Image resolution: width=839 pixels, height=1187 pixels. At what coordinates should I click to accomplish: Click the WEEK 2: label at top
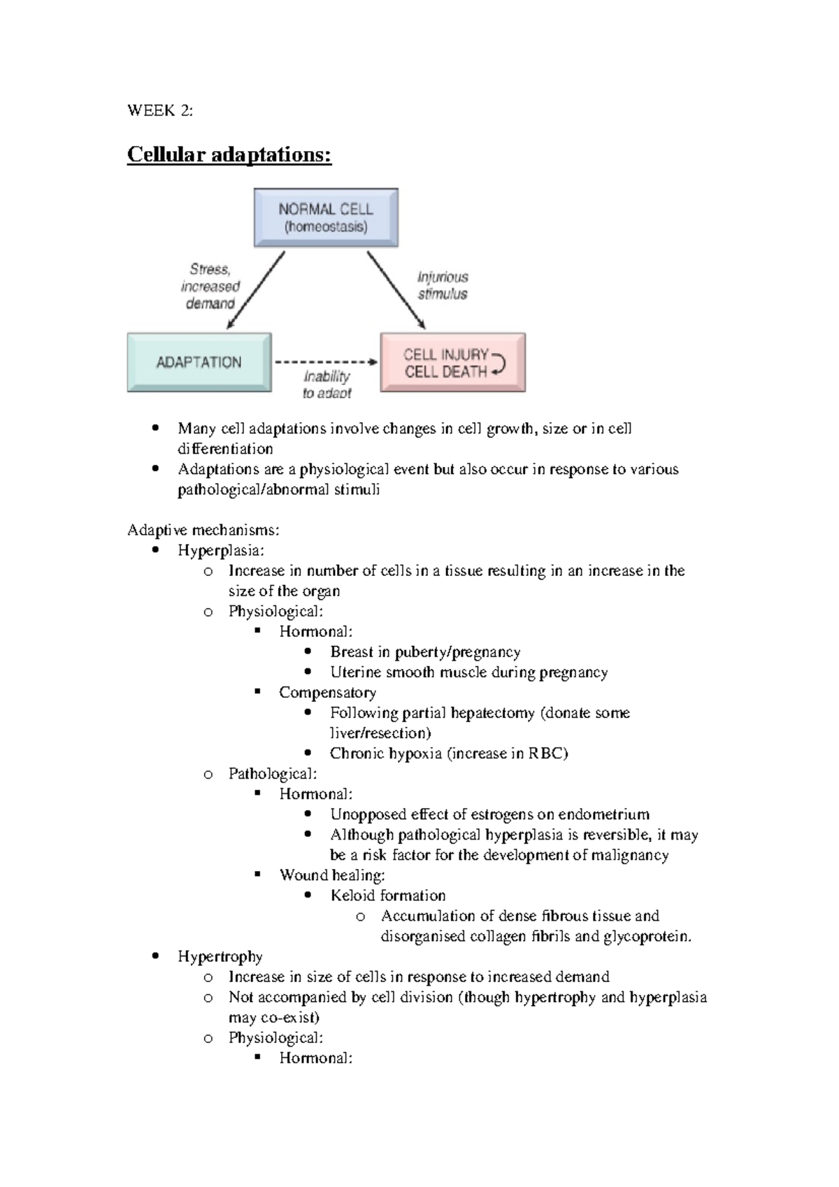point(160,111)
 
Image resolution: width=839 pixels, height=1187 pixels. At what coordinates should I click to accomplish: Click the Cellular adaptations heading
point(229,154)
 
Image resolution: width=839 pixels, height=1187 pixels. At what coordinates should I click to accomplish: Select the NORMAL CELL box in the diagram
point(326,217)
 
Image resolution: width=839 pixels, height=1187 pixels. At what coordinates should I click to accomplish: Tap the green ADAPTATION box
point(199,362)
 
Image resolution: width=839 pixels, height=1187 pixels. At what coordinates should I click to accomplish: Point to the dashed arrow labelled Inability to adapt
point(325,362)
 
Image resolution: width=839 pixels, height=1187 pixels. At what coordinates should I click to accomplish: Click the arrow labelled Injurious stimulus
point(396,289)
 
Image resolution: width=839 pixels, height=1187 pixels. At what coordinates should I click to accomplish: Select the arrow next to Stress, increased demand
point(257,290)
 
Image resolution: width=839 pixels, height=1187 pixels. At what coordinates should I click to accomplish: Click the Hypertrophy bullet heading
point(220,957)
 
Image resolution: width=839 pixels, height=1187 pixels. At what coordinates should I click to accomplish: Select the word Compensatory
point(327,693)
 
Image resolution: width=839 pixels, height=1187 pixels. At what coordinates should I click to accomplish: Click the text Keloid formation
point(387,895)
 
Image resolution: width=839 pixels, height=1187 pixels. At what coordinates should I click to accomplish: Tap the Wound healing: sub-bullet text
point(332,875)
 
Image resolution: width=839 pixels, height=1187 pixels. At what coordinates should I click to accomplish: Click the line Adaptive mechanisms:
point(203,531)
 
